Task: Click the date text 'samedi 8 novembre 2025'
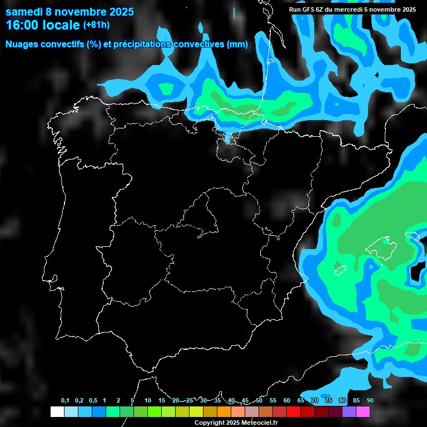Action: click(69, 12)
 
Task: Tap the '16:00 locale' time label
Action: click(42, 25)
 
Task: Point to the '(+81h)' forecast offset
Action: click(96, 25)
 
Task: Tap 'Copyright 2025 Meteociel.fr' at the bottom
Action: click(236, 423)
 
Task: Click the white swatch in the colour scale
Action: click(57, 411)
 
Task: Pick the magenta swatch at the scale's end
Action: click(363, 411)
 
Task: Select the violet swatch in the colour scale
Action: click(349, 411)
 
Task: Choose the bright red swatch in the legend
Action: click(294, 411)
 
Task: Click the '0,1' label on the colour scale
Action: click(65, 401)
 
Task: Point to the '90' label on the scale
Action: click(370, 401)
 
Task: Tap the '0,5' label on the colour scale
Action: click(93, 401)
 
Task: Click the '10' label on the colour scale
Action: click(147, 401)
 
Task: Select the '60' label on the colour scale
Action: click(287, 401)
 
